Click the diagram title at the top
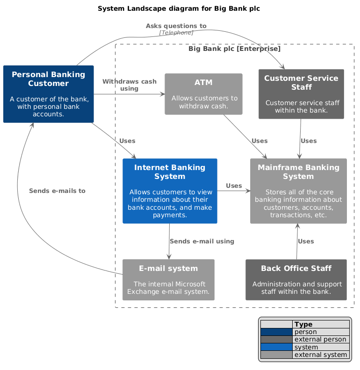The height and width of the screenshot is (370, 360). point(179,8)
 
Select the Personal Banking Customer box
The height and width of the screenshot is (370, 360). point(49,94)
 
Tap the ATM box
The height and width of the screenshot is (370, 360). point(203,94)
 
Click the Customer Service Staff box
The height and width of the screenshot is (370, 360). point(301,94)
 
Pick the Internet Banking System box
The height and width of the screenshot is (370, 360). point(170,191)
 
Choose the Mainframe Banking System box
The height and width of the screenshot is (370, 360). point(298,191)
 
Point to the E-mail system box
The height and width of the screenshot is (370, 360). point(168,279)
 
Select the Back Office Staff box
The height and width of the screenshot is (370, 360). point(296,279)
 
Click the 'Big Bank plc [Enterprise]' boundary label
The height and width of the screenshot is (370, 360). point(234,49)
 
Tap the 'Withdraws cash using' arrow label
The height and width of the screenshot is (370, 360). point(129,85)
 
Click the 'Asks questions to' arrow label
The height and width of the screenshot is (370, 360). point(176,26)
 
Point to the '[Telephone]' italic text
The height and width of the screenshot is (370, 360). point(176,33)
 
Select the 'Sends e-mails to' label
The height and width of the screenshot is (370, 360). point(57,191)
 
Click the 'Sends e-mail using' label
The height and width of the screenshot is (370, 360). point(202,242)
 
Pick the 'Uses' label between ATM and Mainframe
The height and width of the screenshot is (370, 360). point(259,141)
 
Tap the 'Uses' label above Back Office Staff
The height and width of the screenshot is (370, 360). point(306,242)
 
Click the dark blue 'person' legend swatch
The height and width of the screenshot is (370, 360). point(276,332)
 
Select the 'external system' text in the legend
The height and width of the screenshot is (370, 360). point(321,355)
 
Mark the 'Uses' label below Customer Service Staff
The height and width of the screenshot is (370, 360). point(309,141)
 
